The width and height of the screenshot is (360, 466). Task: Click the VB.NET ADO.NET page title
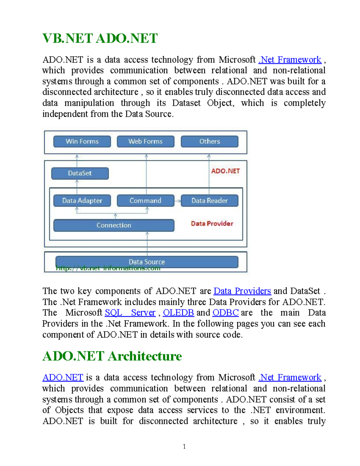[100, 38]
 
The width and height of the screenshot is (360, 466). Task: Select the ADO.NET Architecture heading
[112, 356]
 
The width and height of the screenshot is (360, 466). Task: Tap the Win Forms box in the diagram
[82, 141]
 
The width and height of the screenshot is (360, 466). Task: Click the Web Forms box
[145, 141]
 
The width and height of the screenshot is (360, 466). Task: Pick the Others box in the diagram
[209, 141]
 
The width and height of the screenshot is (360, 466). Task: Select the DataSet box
[80, 173]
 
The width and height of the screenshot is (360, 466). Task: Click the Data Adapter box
[82, 200]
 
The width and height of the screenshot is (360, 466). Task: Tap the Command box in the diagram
[145, 200]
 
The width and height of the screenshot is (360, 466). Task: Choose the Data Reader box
[209, 200]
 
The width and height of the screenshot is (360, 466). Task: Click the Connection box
[114, 225]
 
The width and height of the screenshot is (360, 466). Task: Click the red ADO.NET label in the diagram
[225, 171]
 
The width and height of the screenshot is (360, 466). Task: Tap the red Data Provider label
[212, 224]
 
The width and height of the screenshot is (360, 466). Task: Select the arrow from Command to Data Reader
[178, 201]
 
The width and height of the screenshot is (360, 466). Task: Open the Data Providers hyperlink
[242, 291]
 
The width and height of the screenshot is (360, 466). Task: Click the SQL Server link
[130, 313]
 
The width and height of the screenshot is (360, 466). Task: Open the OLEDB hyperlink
[178, 313]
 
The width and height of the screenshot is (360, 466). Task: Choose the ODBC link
[225, 313]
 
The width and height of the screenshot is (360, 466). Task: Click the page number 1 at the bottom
[184, 446]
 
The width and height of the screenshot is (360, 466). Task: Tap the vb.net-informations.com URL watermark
[108, 269]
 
